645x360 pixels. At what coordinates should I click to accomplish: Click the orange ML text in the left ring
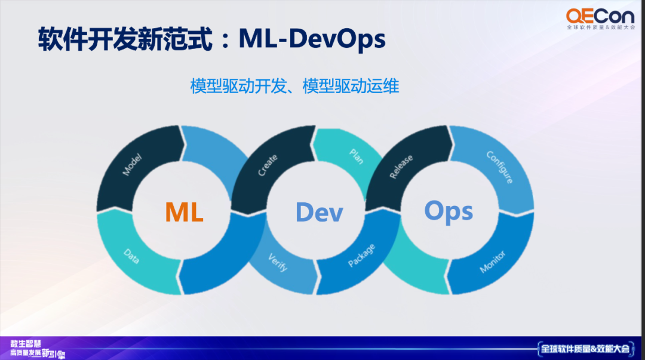[x=184, y=212]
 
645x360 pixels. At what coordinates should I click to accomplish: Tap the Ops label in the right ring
[x=449, y=211]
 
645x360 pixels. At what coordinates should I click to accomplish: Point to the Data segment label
[x=131, y=257]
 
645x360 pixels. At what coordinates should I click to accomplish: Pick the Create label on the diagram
[x=267, y=165]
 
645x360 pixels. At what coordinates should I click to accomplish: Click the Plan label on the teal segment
[x=356, y=156]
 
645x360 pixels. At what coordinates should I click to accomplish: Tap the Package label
[x=361, y=256]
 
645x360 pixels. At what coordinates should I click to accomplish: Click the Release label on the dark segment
[x=401, y=167]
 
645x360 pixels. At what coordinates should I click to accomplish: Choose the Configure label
[x=500, y=167]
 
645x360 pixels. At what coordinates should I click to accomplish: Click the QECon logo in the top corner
[x=600, y=15]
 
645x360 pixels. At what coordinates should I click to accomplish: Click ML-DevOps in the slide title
[x=312, y=39]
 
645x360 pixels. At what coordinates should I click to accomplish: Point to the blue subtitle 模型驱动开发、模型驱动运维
[x=294, y=86]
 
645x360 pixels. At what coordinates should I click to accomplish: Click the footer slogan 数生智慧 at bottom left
[x=25, y=343]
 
